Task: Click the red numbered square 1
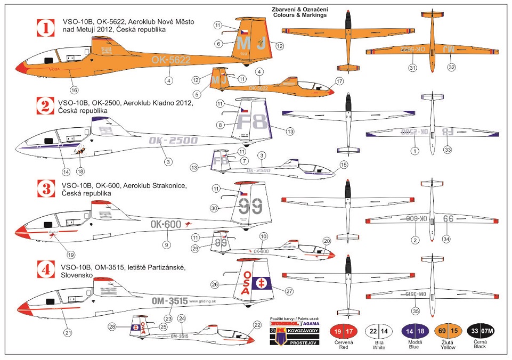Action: pyautogui.click(x=46, y=28)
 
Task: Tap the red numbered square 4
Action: pyautogui.click(x=46, y=269)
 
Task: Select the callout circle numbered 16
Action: pyautogui.click(x=74, y=89)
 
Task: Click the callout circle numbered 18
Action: pyautogui.click(x=80, y=171)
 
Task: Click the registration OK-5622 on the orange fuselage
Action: pyautogui.click(x=171, y=60)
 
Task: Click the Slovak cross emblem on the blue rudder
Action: pyautogui.click(x=262, y=282)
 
